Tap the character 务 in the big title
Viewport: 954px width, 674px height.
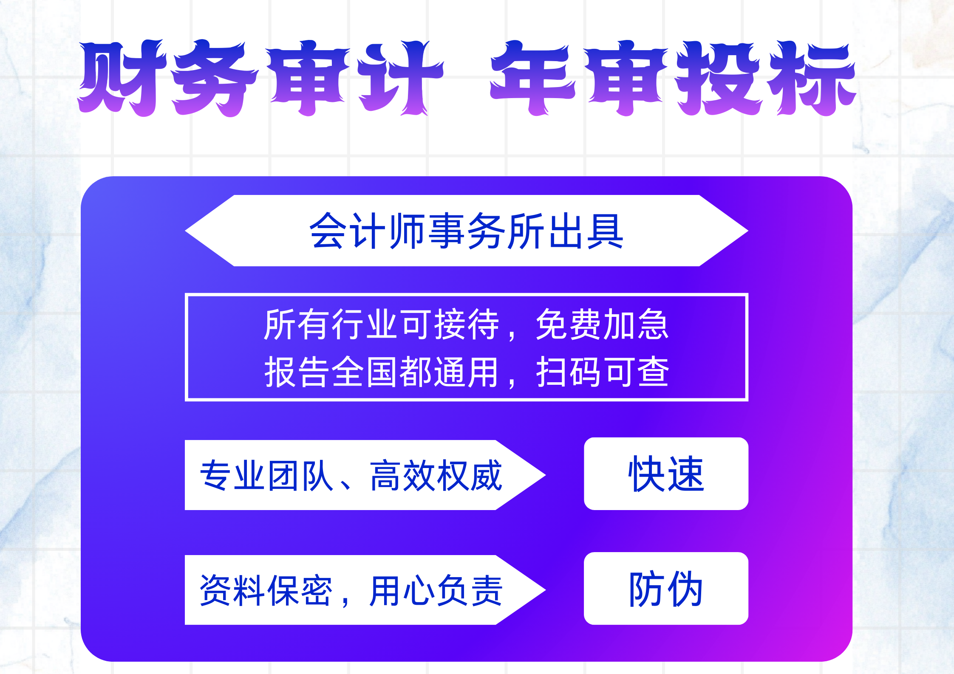coord(215,79)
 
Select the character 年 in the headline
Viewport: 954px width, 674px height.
coord(533,79)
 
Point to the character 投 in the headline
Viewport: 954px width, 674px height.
coord(718,79)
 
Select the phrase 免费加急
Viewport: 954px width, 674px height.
coord(602,324)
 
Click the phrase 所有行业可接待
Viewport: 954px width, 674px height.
coord(381,324)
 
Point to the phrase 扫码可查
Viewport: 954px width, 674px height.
coord(602,372)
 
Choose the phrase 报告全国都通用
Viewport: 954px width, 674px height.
coord(381,372)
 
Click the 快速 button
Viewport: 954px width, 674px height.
coord(666,474)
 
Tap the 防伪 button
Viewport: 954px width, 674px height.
coord(666,589)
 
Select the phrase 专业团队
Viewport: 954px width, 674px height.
coord(266,475)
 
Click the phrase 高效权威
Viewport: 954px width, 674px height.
coord(436,475)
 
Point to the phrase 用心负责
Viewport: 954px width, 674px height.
coord(436,590)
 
